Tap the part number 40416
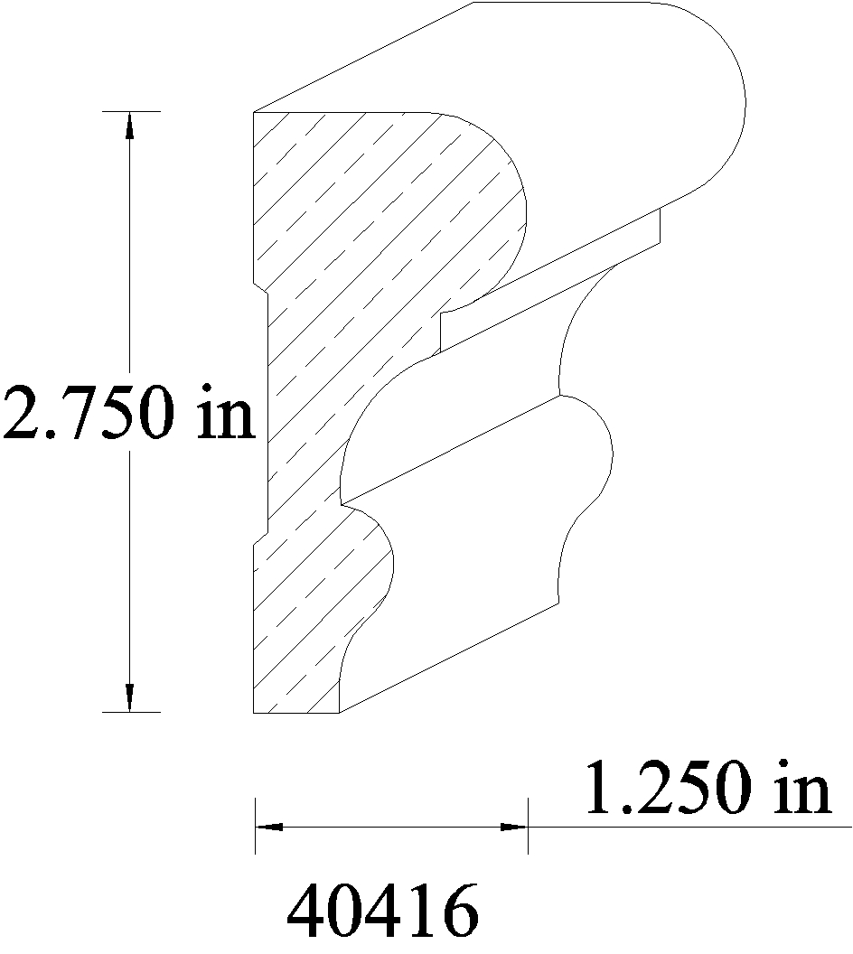tap(383, 911)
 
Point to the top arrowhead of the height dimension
tap(129, 126)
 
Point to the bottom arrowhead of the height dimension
tap(129, 697)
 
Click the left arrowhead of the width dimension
tap(269, 827)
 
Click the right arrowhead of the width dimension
tap(513, 827)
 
